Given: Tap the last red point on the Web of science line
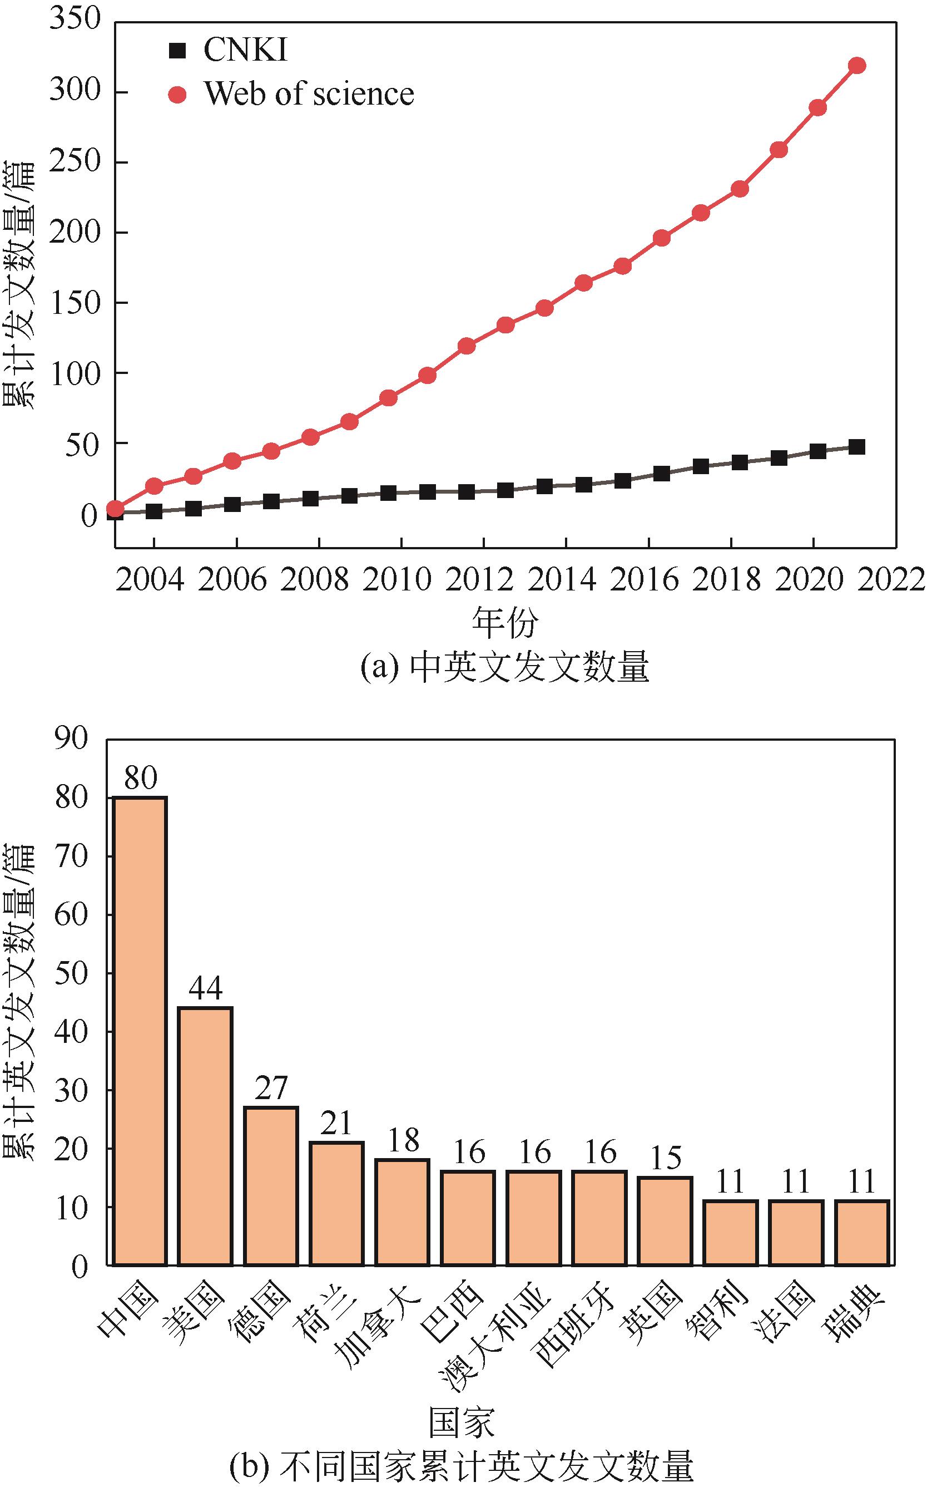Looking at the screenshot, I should [856, 66].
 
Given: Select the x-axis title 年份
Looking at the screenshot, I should [504, 622].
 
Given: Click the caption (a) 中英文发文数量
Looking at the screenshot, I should [504, 667].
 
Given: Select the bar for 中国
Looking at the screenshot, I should [140, 1031].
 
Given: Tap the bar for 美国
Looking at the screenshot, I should [205, 1135].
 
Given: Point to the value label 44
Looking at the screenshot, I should [205, 988].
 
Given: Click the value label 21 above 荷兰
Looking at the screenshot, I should [336, 1123].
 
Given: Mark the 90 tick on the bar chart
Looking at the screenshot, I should [71, 738].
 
